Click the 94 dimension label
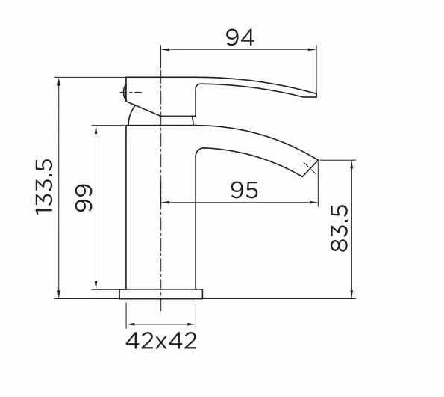pyautogui.click(x=240, y=38)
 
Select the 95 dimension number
pyautogui.click(x=244, y=190)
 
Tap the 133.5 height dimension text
pyautogui.click(x=45, y=187)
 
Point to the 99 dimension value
pyautogui.click(x=84, y=198)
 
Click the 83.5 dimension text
pyautogui.click(x=339, y=228)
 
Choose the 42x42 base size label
pyautogui.click(x=161, y=341)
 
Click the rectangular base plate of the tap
pyautogui.click(x=161, y=294)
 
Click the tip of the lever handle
pyautogui.click(x=315, y=95)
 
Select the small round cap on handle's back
pyautogui.click(x=124, y=92)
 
